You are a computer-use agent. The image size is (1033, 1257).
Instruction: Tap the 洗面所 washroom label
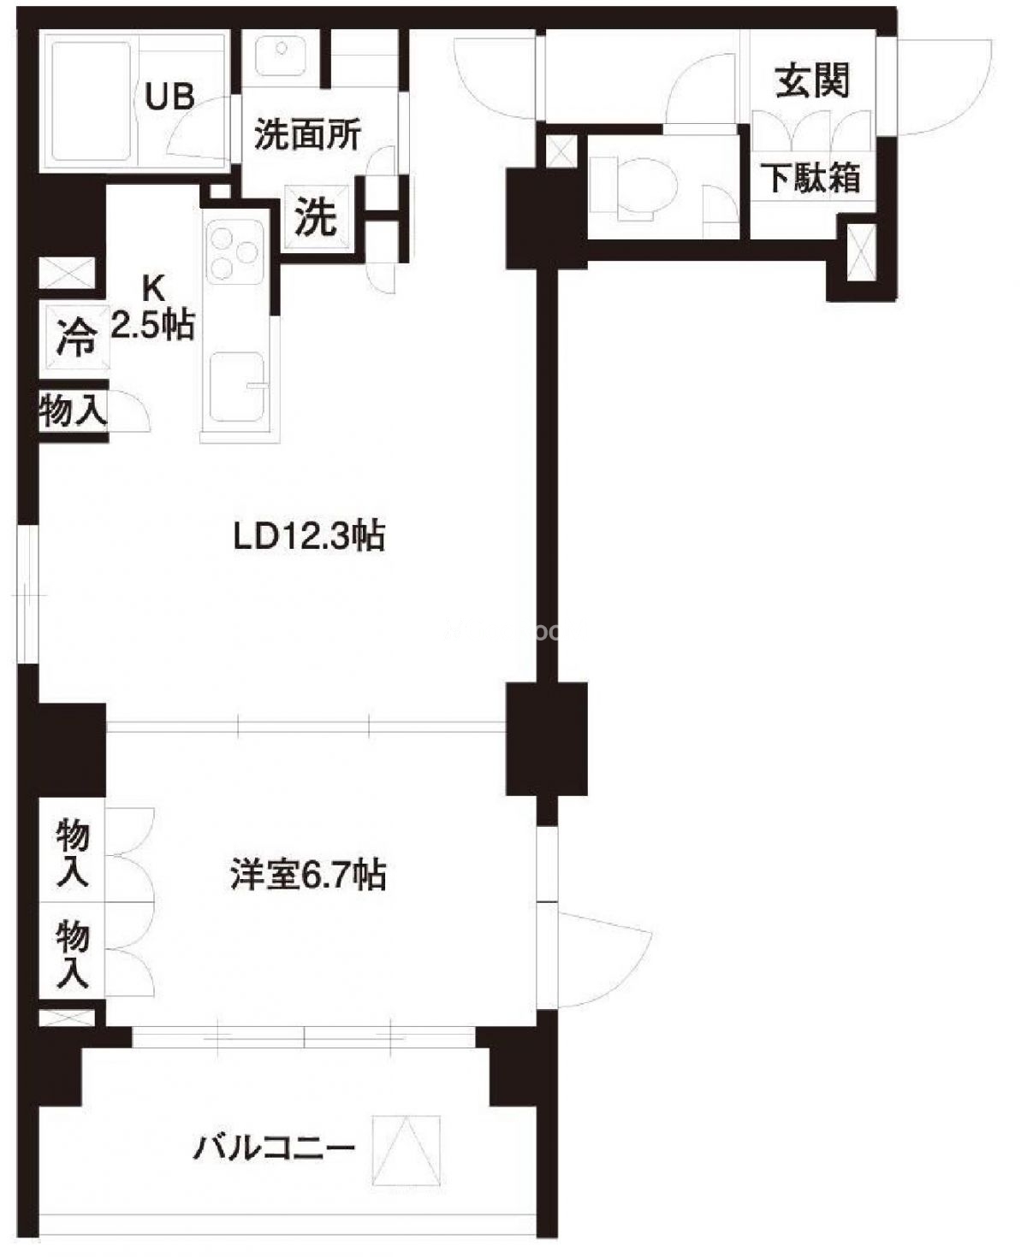[308, 135]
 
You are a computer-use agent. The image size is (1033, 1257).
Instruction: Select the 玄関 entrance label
[812, 80]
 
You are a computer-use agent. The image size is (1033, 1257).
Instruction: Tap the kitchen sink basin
[237, 387]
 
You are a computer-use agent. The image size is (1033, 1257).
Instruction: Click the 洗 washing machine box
[316, 217]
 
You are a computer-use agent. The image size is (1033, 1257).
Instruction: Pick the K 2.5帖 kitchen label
[154, 308]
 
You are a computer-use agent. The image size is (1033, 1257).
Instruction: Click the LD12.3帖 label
[309, 536]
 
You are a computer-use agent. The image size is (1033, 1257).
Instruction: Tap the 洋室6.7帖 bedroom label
[308, 875]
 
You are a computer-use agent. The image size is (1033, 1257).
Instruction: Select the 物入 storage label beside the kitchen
[73, 410]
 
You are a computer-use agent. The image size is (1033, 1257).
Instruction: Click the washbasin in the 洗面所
[281, 55]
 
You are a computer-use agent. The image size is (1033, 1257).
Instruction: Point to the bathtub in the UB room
[92, 99]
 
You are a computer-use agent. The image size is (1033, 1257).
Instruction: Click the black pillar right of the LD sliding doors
[546, 739]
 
